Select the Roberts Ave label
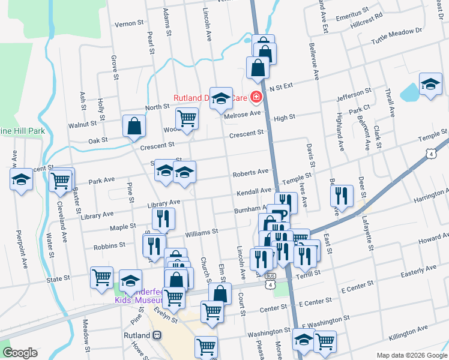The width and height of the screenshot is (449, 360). point(251,172)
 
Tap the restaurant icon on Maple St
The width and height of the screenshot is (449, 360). point(163,220)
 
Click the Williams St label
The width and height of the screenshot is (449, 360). point(201,230)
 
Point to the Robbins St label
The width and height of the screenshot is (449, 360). point(109,245)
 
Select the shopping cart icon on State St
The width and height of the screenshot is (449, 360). point(101,277)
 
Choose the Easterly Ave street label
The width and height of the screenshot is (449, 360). point(414,273)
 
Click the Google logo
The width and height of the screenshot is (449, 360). point(20,353)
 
